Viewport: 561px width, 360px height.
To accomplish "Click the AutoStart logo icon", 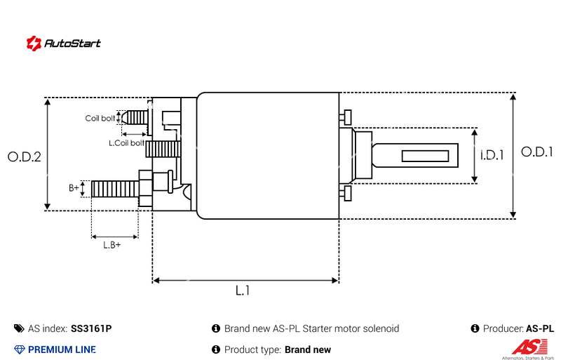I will [34, 43].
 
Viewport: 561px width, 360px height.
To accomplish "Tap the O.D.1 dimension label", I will [537, 152].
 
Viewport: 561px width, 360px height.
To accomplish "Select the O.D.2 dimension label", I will [25, 156].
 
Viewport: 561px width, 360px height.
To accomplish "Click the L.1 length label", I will [243, 291].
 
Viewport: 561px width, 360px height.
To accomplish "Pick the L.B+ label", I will [112, 245].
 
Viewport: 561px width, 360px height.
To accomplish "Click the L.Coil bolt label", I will [127, 142].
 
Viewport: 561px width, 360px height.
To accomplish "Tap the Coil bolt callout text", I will [100, 118].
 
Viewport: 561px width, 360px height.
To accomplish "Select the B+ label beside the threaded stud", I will [74, 187].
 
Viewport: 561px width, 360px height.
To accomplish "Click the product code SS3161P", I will [91, 328].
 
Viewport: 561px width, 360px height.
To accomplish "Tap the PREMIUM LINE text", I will [62, 349].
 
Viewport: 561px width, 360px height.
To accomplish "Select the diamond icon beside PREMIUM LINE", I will [19, 349].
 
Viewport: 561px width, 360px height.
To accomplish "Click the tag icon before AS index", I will [19, 328].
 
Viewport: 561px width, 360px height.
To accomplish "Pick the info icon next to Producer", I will [475, 328].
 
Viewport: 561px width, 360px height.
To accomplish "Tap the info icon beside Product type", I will [216, 349].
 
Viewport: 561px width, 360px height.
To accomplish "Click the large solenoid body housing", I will [267, 155].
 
